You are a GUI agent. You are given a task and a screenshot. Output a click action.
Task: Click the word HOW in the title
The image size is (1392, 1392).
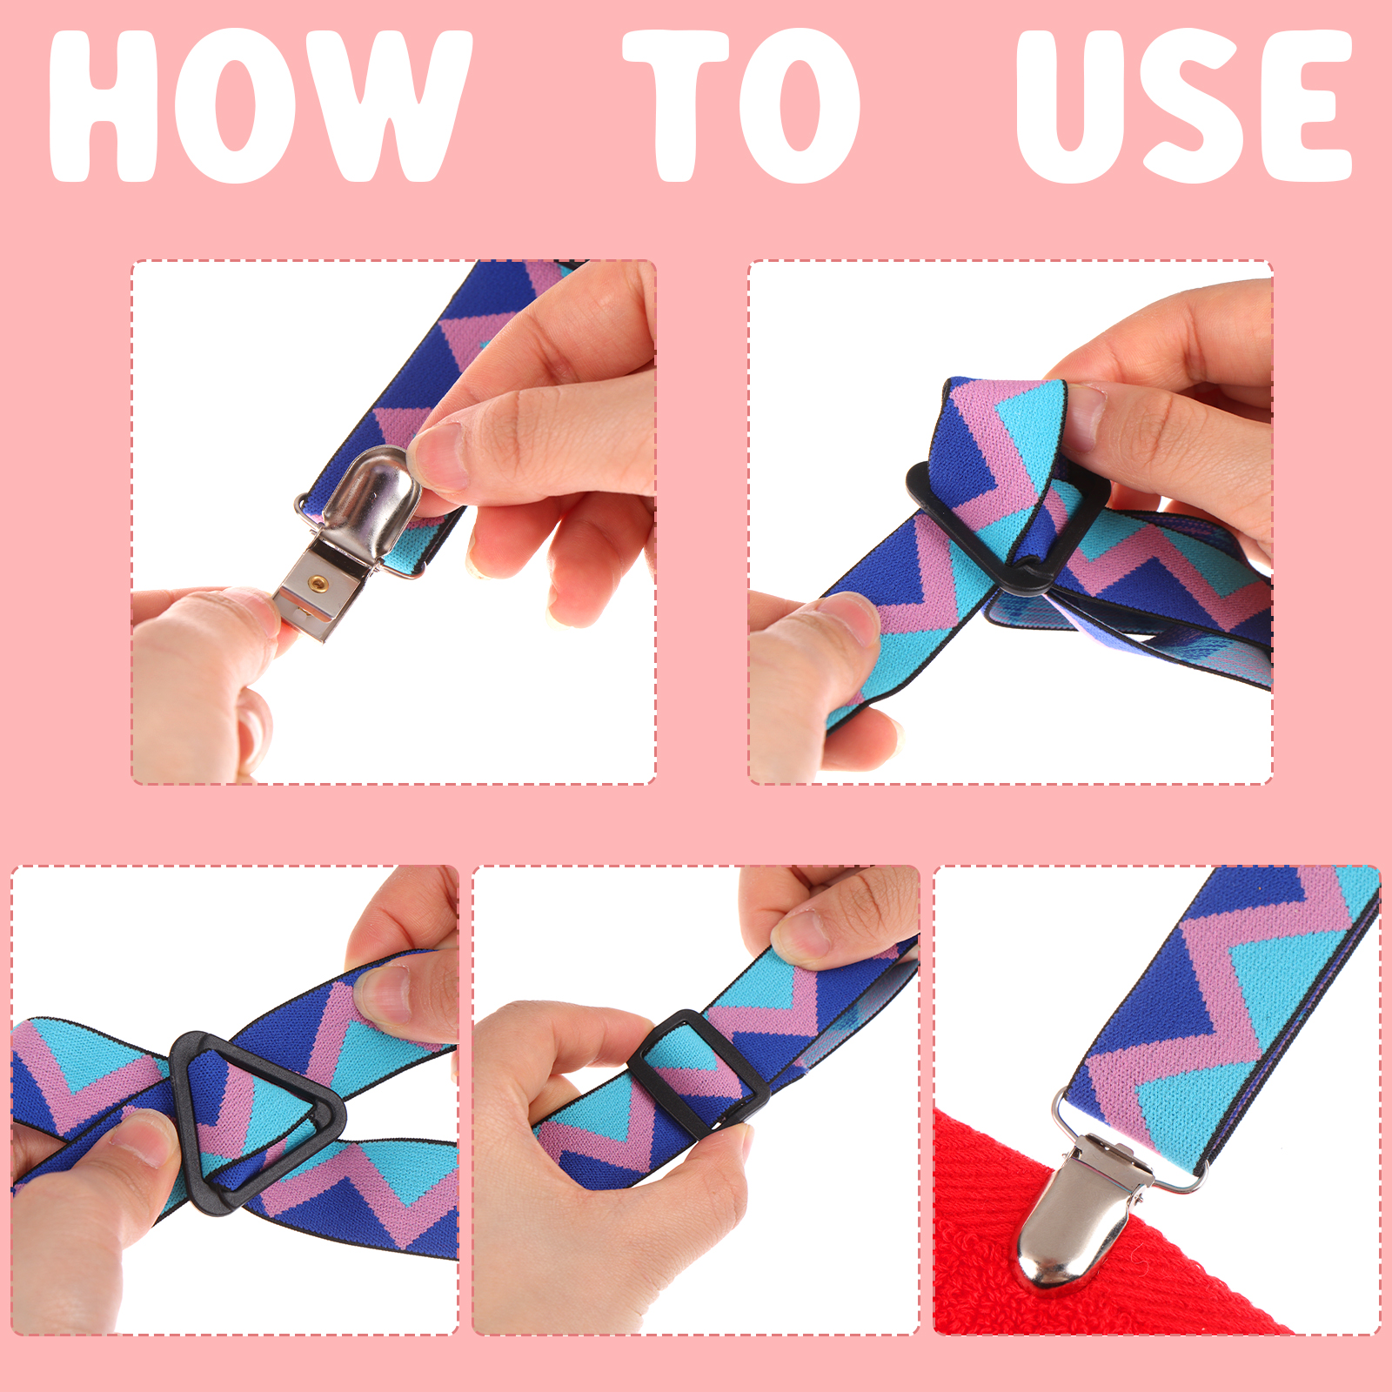259,106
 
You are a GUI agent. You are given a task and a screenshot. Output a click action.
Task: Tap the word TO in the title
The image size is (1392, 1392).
741,106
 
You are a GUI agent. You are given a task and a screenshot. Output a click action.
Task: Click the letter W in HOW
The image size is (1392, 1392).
401,106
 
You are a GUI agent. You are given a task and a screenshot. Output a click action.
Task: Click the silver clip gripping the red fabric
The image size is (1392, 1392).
1087,1209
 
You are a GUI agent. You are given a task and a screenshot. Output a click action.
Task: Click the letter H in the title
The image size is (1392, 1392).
103,106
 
